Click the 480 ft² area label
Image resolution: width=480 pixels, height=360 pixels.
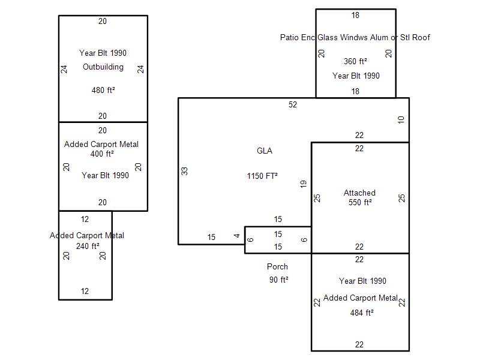pos(103,91)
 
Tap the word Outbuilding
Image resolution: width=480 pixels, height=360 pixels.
pos(103,67)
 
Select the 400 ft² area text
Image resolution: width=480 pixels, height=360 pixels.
pos(102,154)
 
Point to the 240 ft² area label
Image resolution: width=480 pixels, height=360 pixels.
pos(88,245)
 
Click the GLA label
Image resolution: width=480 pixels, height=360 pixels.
pos(264,151)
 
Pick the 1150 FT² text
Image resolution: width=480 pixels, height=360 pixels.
pos(262,176)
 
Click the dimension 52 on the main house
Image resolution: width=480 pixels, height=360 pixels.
pos(293,104)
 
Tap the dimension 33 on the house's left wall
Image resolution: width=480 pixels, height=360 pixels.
pos(185,171)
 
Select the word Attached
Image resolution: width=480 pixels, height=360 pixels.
pos(359,193)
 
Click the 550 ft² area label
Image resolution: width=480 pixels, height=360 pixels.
pos(360,202)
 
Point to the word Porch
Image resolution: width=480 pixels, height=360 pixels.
pos(277,266)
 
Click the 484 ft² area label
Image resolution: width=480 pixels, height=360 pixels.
pos(362,313)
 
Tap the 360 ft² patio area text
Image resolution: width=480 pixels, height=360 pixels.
pos(355,61)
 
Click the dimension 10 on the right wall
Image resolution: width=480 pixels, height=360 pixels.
pos(401,120)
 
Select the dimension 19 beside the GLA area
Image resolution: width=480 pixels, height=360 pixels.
pos(304,184)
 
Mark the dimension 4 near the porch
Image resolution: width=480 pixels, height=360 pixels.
pos(238,236)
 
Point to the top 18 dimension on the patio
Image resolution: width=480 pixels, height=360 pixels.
pos(355,15)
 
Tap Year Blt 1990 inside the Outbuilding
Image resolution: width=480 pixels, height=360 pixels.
pos(103,53)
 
